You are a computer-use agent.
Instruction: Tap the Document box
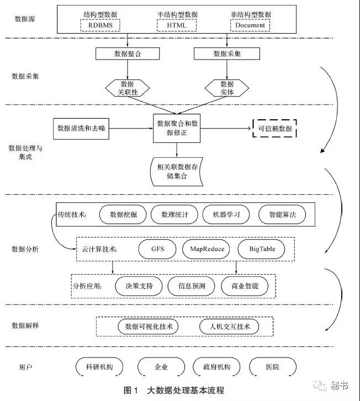[250, 25]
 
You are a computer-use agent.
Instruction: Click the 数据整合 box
[128, 54]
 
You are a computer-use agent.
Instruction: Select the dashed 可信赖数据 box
[274, 129]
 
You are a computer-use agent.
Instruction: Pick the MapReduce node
[207, 249]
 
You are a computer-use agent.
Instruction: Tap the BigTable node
[261, 249]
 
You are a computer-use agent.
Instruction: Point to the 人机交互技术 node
[229, 327]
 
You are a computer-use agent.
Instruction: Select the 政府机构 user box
[213, 367]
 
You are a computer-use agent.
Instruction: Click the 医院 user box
[272, 367]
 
